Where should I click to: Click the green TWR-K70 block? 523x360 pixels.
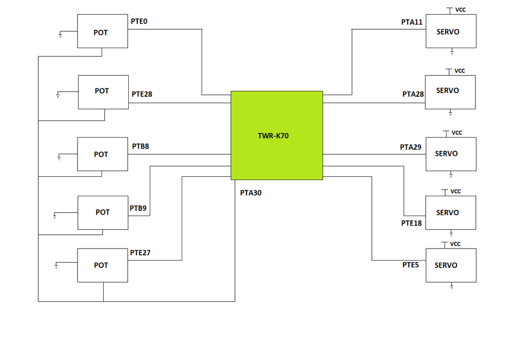coord(276,136)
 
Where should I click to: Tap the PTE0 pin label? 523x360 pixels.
coord(139,21)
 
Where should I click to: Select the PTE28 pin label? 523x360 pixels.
coord(142,94)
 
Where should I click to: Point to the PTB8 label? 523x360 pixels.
coord(140,146)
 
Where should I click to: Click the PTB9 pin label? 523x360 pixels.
coord(138,208)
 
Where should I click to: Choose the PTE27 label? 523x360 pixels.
coord(140,252)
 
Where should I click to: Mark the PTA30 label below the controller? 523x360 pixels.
coord(251,193)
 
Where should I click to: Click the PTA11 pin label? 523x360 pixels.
coord(411,22)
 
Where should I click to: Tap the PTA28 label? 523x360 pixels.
coord(413,94)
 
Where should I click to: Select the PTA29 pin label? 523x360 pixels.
coord(410,147)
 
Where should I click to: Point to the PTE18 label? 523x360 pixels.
coord(411,223)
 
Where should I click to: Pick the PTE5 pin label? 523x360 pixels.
coord(410,265)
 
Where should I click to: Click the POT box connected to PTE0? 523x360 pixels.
coord(102,31)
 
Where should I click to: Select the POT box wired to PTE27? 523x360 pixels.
coord(102,265)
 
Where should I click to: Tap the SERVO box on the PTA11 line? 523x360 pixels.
coord(451,31)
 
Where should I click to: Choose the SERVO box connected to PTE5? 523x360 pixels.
coord(451,265)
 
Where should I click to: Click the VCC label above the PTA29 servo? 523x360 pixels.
coord(456,132)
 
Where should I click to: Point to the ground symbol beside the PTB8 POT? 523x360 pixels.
coord(59,157)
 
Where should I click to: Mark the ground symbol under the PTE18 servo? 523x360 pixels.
coord(451,233)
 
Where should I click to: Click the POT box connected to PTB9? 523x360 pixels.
coord(102,212)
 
